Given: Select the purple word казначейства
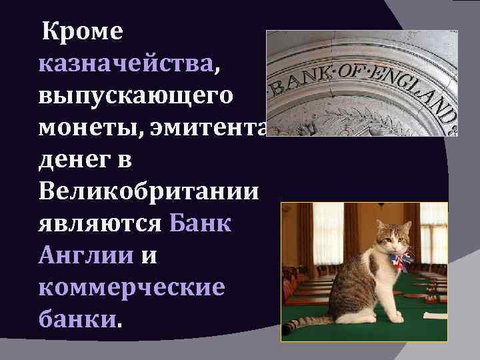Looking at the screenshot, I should (x=127, y=65).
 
